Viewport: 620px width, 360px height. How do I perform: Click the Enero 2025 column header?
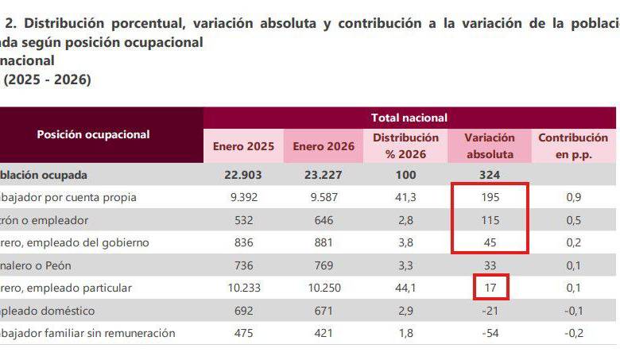point(243,146)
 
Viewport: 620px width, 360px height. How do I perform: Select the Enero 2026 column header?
point(323,146)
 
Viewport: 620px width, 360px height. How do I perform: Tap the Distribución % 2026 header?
point(405,146)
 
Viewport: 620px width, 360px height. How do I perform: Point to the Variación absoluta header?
point(490,146)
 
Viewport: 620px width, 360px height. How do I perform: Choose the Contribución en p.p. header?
point(572,146)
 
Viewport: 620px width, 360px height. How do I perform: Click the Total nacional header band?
point(409,118)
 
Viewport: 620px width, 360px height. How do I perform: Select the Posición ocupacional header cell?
point(93,134)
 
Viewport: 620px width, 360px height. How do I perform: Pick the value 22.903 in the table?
point(243,175)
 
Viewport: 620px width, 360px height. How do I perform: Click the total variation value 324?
point(490,175)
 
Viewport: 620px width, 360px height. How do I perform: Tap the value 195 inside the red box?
point(490,197)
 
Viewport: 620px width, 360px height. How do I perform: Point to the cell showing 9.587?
point(323,197)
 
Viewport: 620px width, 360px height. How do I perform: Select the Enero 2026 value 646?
point(323,220)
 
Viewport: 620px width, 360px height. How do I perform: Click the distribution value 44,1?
point(405,288)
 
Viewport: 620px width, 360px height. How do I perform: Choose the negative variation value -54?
point(490,333)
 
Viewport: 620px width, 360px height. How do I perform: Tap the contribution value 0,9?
point(572,197)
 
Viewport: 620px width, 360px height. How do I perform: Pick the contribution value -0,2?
point(572,333)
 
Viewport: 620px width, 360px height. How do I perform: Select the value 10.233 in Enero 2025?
point(243,288)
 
